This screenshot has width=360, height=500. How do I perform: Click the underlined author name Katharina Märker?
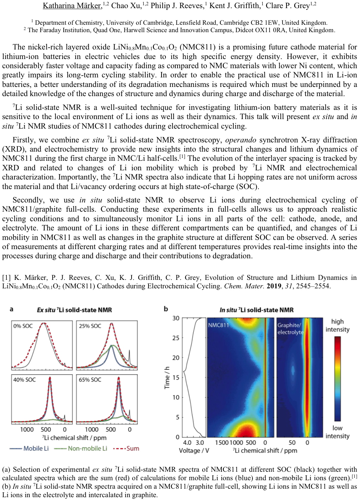(72, 6)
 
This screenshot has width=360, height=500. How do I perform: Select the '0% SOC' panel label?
(23, 326)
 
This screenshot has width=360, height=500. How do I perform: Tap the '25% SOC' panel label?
(90, 326)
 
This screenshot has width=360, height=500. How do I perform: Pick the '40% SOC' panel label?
(24, 380)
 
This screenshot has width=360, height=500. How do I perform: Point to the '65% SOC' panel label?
(90, 380)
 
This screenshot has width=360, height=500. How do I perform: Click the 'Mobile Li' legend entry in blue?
(36, 448)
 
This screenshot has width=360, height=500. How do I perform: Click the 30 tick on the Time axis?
(176, 318)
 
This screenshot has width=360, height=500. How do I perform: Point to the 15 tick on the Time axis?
(176, 377)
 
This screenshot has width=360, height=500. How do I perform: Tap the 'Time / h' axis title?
(167, 377)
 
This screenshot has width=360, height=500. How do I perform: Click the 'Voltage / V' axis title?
(194, 451)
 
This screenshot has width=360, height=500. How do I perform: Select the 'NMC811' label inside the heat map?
(218, 325)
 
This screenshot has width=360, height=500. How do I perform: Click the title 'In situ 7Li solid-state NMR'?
(256, 310)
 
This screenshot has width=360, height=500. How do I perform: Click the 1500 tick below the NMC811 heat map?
(221, 442)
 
